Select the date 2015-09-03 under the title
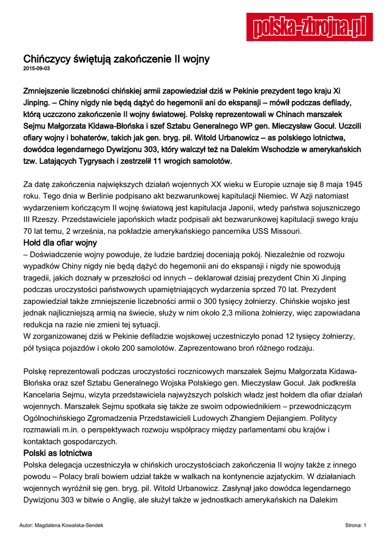(x=36, y=69)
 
